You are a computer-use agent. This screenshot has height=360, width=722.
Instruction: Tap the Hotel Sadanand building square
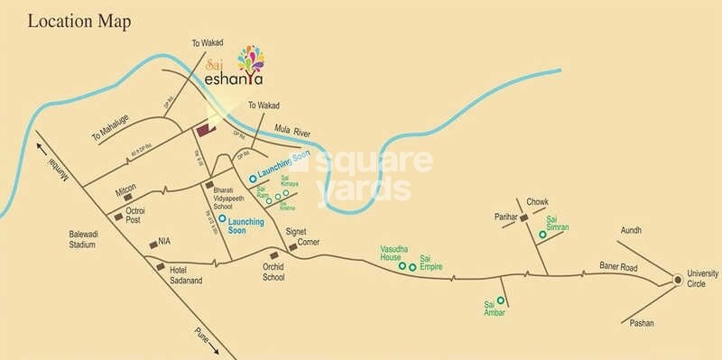161,267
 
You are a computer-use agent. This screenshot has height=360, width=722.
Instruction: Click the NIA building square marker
152,243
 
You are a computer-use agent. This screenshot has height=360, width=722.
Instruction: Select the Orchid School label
273,272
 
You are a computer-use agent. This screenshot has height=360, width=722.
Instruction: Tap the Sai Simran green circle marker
541,235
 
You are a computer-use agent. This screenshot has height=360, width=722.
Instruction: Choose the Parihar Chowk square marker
523,218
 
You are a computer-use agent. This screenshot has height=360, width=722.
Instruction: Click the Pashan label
643,322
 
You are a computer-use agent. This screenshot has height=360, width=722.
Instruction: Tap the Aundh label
630,231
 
